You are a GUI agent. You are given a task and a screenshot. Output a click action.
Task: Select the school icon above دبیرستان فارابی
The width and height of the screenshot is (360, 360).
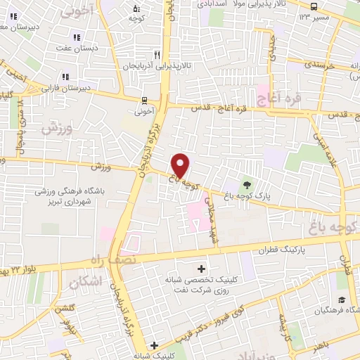click(65, 77)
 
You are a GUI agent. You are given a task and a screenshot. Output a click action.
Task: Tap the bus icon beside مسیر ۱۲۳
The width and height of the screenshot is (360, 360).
click(304, 15)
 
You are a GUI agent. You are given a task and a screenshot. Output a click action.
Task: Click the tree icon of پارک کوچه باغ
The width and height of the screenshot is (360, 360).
click(247, 184)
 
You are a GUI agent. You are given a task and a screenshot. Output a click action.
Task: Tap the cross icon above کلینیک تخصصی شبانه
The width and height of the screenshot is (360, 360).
click(202, 269)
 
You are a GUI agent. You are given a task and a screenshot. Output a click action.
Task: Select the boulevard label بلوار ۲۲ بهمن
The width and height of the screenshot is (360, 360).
click(28, 268)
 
